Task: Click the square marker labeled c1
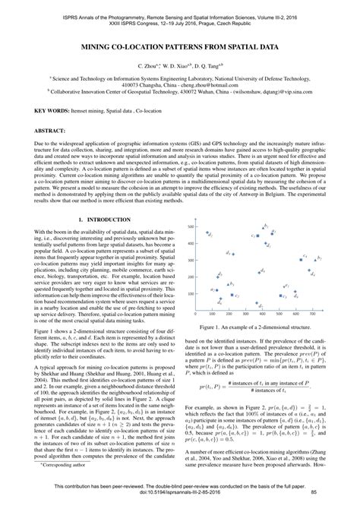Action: click(x=258, y=237)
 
